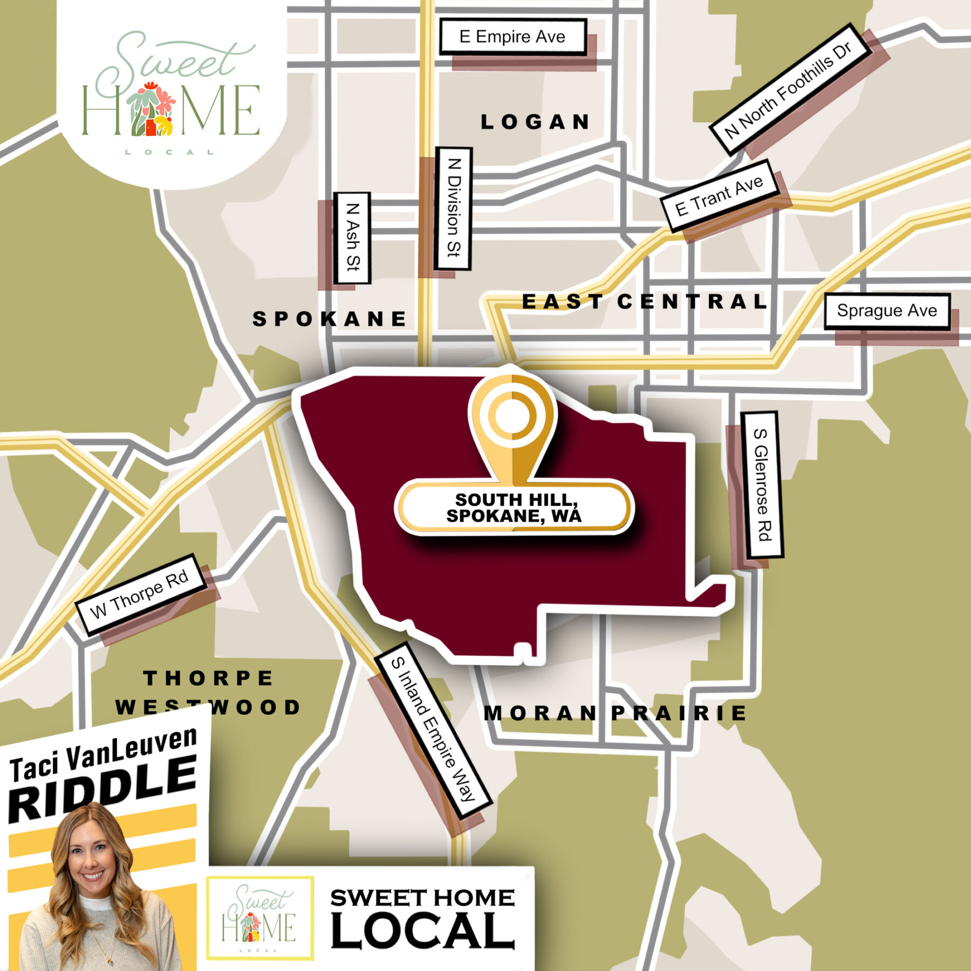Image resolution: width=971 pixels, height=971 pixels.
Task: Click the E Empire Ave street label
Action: point(512,37)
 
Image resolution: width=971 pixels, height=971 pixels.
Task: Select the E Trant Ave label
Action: point(720,196)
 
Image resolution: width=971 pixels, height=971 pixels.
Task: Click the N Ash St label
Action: point(352,238)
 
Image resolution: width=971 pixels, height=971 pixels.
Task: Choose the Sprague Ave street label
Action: point(887,311)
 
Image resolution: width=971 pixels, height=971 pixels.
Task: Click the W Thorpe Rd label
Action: point(140,594)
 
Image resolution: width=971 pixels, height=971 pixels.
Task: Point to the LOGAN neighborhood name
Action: point(536,122)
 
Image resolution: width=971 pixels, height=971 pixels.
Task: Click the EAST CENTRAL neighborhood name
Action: point(645,302)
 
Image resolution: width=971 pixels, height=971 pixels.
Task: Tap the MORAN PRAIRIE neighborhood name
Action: point(616,713)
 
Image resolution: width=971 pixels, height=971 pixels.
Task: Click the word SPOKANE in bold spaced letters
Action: point(330,319)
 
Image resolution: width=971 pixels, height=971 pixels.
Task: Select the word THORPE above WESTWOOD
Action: point(209,678)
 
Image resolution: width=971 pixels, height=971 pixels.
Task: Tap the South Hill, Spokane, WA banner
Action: point(514,508)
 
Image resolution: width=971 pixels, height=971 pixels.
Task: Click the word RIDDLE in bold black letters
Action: point(102,788)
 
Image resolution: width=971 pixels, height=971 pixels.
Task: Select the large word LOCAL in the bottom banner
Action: point(422,931)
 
